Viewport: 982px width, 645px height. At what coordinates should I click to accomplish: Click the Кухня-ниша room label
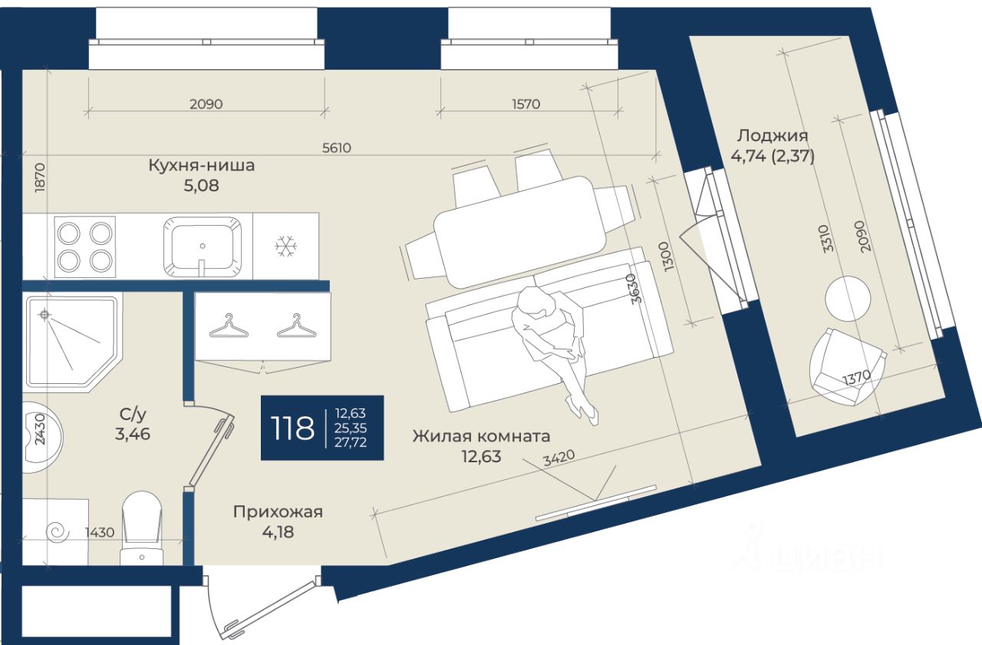(201, 164)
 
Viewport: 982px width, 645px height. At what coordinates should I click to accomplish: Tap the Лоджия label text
(773, 136)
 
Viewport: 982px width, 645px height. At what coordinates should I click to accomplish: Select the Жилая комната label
(481, 436)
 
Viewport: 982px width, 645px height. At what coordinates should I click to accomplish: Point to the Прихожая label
(278, 512)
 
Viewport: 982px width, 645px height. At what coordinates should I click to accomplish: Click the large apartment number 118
(292, 428)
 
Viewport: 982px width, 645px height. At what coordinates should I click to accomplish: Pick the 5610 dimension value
(336, 148)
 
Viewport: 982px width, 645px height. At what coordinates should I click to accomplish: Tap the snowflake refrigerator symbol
(285, 246)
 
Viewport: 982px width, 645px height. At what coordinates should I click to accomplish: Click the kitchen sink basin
(203, 245)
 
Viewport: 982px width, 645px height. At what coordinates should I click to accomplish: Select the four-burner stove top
(84, 246)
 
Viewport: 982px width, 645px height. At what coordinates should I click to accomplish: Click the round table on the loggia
(848, 299)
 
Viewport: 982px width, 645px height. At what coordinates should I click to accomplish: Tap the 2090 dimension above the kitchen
(206, 104)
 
